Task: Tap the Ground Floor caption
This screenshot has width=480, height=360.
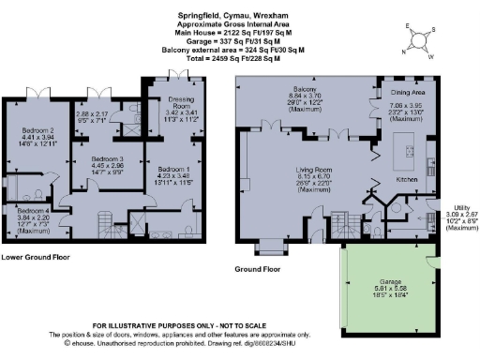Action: pyautogui.click(x=258, y=269)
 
